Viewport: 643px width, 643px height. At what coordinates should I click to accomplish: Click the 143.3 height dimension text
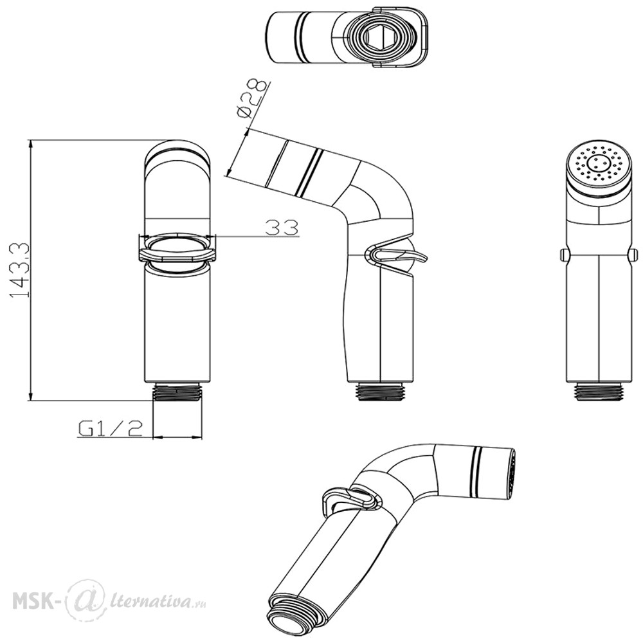tap(20, 270)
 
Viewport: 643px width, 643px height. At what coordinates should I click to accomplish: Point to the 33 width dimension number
tap(282, 227)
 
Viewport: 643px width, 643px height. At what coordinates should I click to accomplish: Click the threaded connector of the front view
tap(177, 393)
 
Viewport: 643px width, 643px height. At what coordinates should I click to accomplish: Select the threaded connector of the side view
tap(380, 392)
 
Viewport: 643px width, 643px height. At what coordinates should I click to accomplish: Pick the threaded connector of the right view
tap(599, 392)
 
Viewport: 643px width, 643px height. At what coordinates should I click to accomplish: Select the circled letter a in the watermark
tap(85, 601)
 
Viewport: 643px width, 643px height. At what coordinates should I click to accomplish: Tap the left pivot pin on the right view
tap(564, 255)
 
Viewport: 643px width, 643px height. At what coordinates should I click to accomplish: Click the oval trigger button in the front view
tap(177, 251)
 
